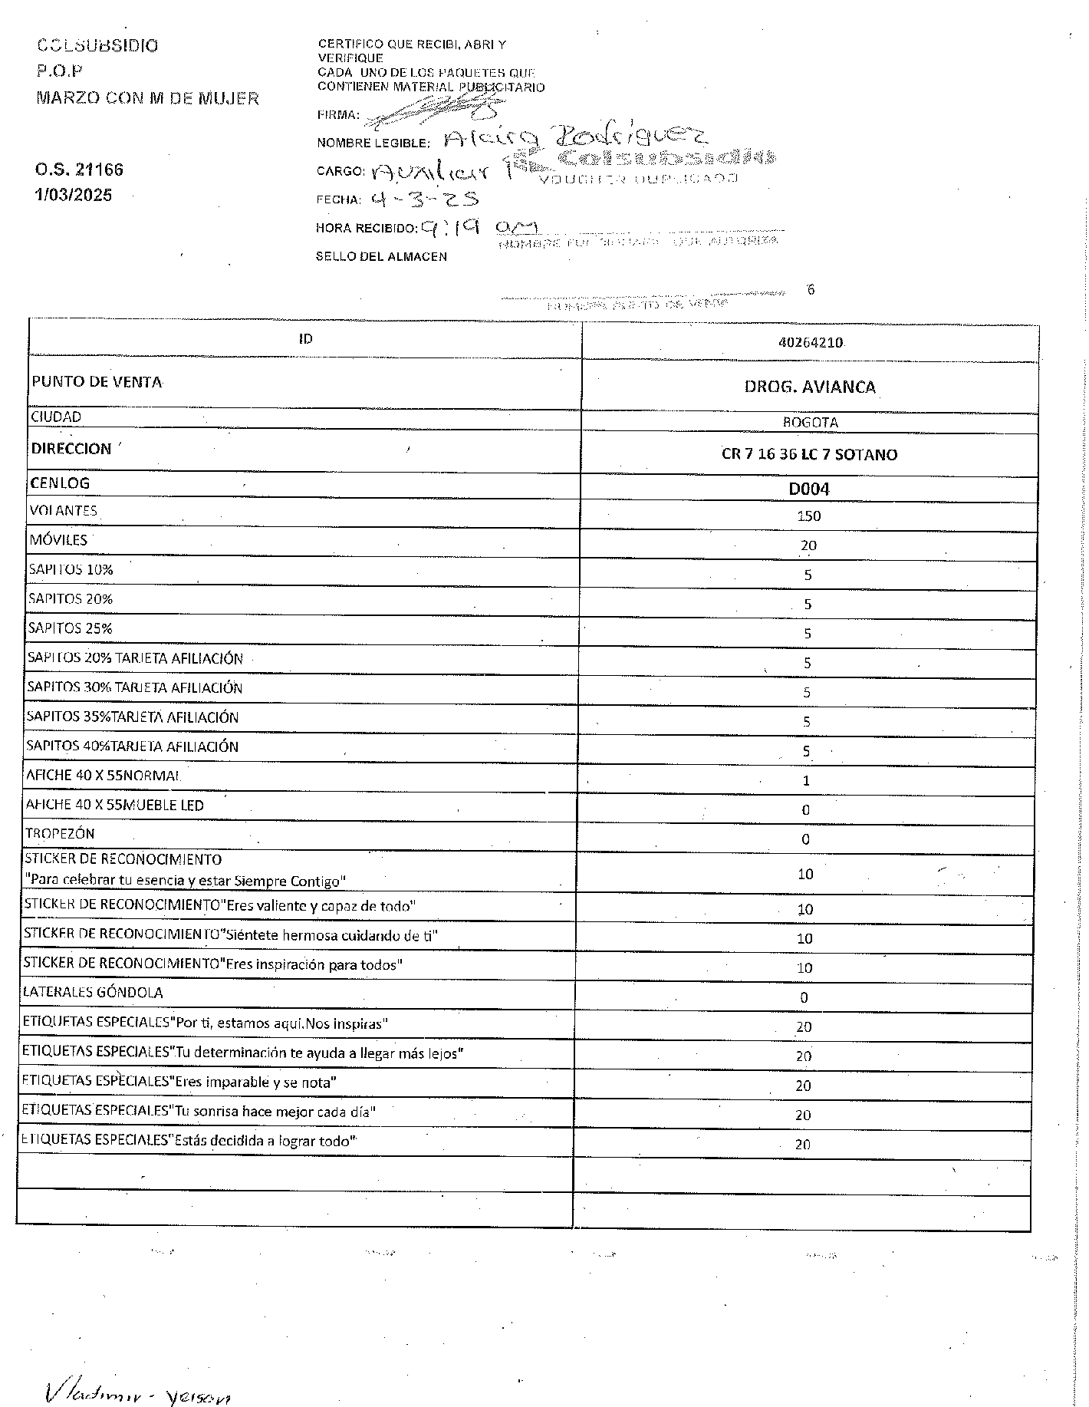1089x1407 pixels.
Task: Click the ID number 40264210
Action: [x=810, y=343]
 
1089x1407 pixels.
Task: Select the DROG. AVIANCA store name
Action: [x=810, y=387]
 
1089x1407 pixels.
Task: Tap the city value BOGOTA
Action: [x=810, y=423]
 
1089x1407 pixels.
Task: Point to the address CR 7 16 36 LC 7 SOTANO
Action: [x=809, y=454]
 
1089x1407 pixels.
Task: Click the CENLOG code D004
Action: [x=809, y=489]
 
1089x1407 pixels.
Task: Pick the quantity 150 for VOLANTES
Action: [x=808, y=516]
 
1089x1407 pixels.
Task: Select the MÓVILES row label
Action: [x=58, y=540]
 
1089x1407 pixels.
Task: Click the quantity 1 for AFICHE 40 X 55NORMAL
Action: [x=806, y=781]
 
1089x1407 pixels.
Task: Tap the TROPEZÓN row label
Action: [x=60, y=834]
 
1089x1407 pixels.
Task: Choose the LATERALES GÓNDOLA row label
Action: [x=93, y=993]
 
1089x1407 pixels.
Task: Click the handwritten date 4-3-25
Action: [x=423, y=199]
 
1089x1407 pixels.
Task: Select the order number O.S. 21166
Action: [x=79, y=170]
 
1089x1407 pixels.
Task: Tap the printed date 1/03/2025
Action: [x=73, y=195]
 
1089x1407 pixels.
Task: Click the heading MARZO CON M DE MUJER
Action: [x=148, y=98]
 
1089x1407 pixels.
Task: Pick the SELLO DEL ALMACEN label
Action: [x=381, y=256]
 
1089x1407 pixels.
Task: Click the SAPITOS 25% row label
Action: [x=70, y=628]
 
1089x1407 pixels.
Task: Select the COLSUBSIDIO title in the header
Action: [x=97, y=45]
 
